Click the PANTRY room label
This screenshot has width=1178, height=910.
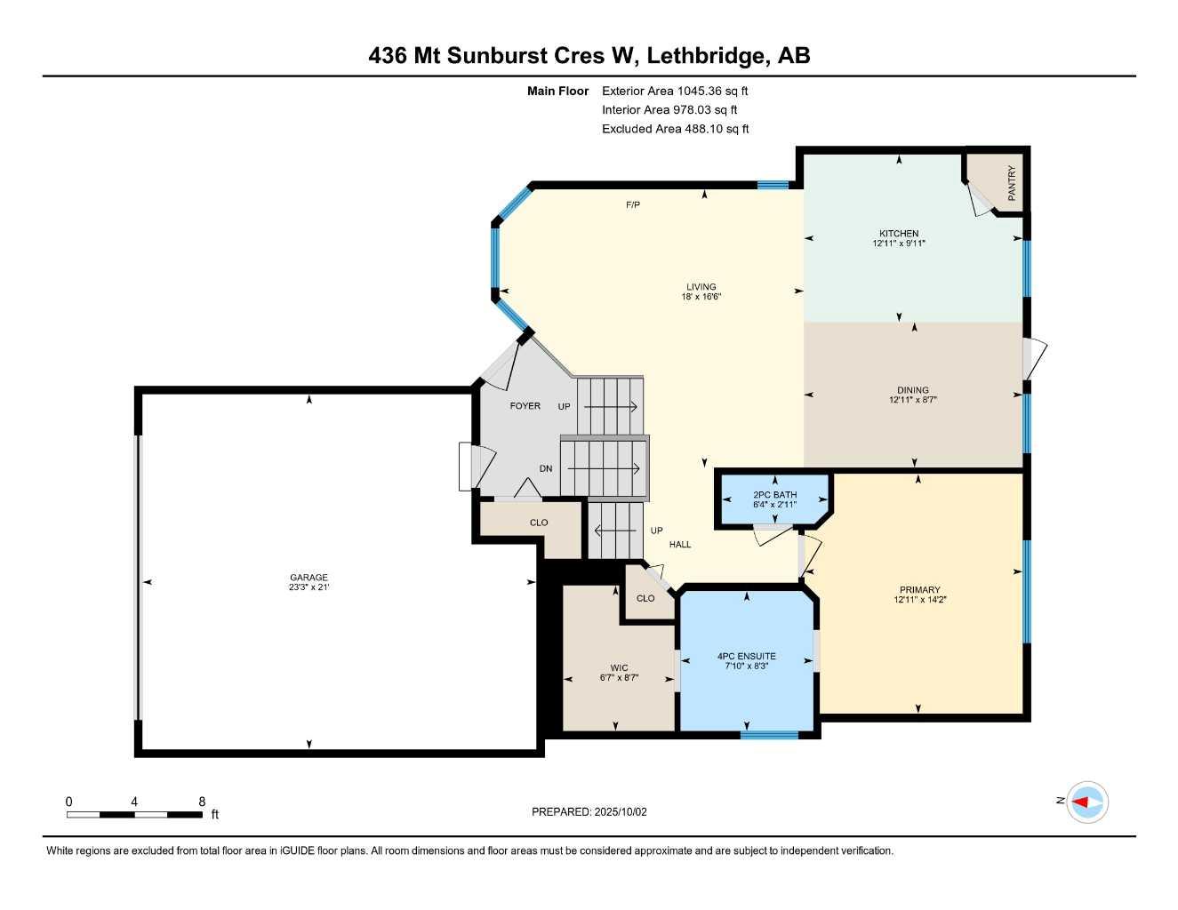click(x=1011, y=183)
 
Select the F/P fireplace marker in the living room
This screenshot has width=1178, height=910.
click(x=632, y=205)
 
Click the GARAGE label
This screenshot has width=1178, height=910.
click(x=308, y=578)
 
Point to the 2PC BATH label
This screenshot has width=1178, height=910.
click(x=774, y=495)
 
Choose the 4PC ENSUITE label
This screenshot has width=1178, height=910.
click(x=746, y=657)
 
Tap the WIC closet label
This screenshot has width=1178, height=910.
click(x=619, y=668)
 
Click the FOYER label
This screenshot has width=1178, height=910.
click(x=525, y=406)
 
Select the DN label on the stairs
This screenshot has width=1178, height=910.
click(x=546, y=468)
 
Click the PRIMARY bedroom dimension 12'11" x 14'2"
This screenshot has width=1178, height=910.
click(x=918, y=600)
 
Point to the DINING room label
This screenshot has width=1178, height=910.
click(x=912, y=390)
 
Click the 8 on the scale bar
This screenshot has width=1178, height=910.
click(x=202, y=802)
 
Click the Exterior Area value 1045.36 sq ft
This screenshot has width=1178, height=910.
click(x=712, y=91)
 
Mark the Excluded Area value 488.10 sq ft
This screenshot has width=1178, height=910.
click(x=713, y=129)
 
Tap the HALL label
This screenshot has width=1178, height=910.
click(x=680, y=545)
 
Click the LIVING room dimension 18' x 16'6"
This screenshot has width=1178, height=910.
click(x=701, y=297)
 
